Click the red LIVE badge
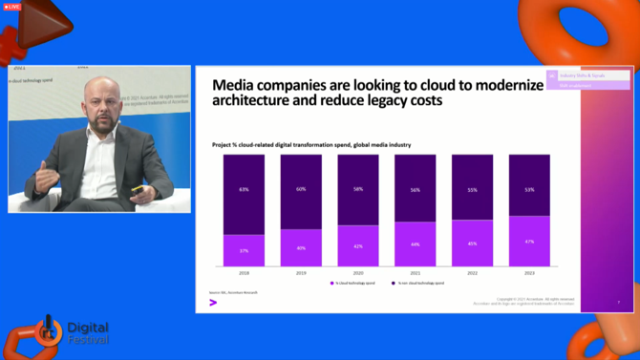(x=12, y=7)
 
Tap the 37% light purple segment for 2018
(x=243, y=250)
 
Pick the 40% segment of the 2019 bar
(x=300, y=247)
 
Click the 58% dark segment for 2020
(x=357, y=190)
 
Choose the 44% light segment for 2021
(x=415, y=244)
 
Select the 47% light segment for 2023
(x=529, y=242)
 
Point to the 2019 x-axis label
(x=300, y=272)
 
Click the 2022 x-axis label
(x=472, y=272)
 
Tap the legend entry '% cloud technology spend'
(x=353, y=283)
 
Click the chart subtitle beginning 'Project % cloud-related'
(x=311, y=144)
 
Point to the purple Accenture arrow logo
(x=213, y=303)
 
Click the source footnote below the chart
(x=234, y=292)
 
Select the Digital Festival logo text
(x=87, y=332)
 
